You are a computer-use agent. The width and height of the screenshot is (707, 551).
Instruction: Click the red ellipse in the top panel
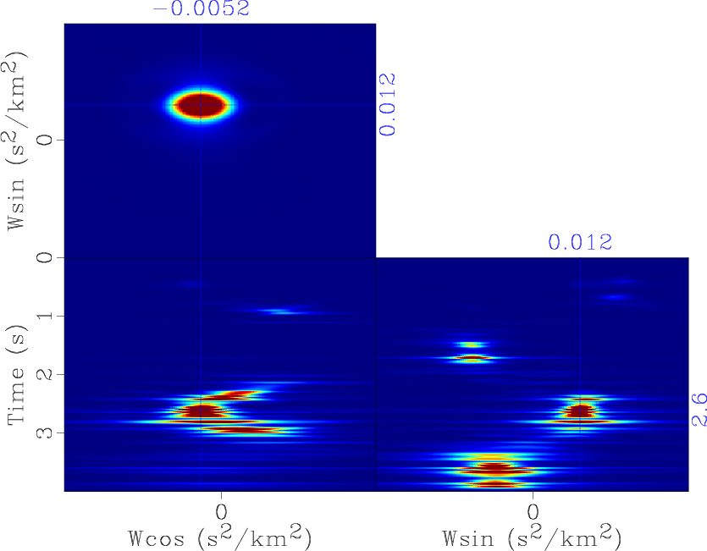point(201,105)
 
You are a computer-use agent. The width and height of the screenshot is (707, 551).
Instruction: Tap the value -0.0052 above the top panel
point(201,9)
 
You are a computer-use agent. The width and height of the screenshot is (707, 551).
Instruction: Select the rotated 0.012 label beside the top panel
point(387,104)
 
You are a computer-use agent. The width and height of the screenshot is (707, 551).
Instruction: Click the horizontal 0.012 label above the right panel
point(580,243)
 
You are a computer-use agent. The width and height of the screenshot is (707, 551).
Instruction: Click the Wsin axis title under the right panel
point(532,537)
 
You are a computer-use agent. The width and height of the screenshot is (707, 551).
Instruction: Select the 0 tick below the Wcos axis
point(221,512)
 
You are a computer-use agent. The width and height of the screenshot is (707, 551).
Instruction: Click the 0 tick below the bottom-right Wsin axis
point(533,512)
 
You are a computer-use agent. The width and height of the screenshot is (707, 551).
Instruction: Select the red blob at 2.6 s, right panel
point(580,410)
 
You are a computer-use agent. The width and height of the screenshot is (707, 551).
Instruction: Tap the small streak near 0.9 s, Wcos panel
point(278,311)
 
